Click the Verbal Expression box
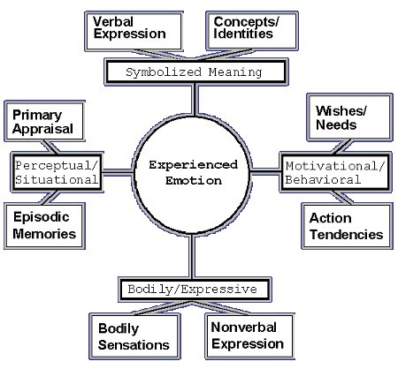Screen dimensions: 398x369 click(134, 32)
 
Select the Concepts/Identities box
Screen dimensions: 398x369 click(252, 31)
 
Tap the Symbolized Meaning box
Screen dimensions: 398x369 click(196, 72)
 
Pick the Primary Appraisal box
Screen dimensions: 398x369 click(44, 121)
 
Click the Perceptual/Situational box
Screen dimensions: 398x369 click(57, 172)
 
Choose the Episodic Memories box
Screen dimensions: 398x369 click(44, 226)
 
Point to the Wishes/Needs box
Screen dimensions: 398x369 click(350, 117)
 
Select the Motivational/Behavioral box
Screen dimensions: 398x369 click(336, 172)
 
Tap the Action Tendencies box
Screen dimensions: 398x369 click(347, 226)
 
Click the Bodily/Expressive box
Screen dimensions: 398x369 click(195, 290)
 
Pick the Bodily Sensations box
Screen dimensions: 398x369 click(134, 336)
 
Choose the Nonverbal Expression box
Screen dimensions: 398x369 click(249, 335)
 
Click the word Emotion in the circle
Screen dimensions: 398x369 click(194, 180)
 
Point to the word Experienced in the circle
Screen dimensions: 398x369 click(193, 165)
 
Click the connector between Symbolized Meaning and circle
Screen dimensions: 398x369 click(195, 100)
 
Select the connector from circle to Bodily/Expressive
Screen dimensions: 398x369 click(192, 256)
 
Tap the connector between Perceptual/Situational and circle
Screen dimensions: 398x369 click(118, 172)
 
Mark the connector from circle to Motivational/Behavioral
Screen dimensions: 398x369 click(265, 171)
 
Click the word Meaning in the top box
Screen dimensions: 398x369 click(235, 72)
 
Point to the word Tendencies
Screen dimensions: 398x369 click(347, 235)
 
